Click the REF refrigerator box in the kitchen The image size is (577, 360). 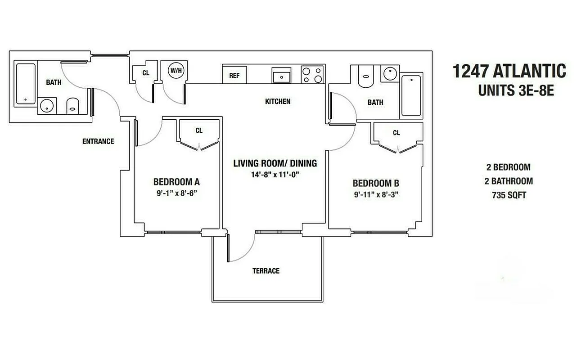pos(234,75)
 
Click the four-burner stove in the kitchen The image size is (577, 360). pos(312,75)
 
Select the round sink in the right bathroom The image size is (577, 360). pos(388,72)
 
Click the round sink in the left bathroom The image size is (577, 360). pos(46,106)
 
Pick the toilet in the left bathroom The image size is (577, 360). pos(72,106)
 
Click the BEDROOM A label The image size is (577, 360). pos(176,182)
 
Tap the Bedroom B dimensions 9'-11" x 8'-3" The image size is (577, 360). pos(376,194)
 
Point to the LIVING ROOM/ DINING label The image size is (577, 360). pos(275,163)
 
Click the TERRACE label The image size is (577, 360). pos(266,270)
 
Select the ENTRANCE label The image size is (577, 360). pos(98,141)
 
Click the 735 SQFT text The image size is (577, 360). pos(509,195)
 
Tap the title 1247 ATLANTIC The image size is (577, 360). pos(509,71)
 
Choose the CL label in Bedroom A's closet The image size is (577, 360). pos(199,130)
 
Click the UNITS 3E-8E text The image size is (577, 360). pos(515,91)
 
